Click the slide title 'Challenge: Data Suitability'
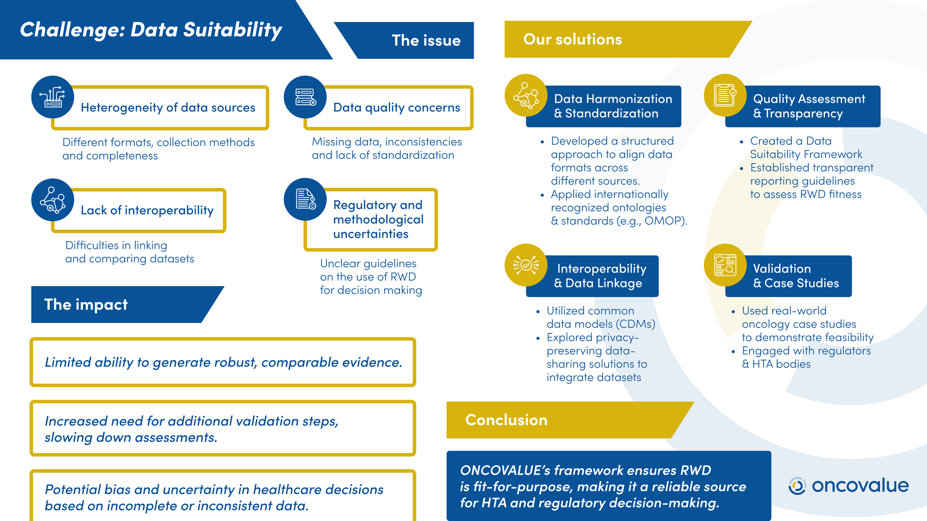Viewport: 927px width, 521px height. tap(151, 30)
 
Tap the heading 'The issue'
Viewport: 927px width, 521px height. tap(426, 41)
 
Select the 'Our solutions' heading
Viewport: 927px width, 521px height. tap(573, 39)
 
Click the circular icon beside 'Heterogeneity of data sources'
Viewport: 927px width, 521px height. tap(53, 97)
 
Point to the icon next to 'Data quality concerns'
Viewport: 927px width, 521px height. tap(305, 97)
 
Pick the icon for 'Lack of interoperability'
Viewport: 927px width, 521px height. tap(53, 200)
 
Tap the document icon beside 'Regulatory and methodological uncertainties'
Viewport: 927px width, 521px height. tap(305, 199)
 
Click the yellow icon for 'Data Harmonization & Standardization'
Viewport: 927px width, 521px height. tap(526, 95)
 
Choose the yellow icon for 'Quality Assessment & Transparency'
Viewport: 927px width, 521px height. tap(725, 95)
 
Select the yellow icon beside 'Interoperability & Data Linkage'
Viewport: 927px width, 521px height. tap(526, 265)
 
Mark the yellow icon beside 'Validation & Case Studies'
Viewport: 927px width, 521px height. tap(725, 265)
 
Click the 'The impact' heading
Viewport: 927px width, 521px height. tap(86, 304)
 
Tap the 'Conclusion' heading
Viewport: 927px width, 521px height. tap(506, 420)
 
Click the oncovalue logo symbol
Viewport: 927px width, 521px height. tap(797, 486)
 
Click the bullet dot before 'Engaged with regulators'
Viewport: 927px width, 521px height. tap(733, 352)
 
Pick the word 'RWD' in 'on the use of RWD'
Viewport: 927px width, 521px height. tap(403, 277)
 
